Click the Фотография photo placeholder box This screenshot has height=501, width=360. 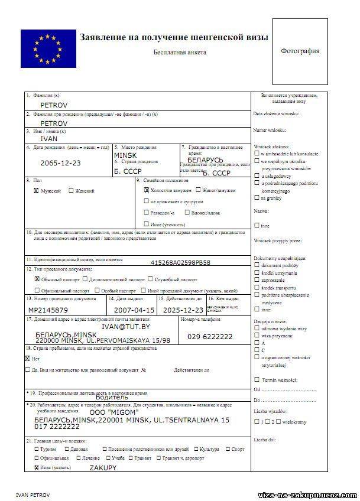[x=300, y=51]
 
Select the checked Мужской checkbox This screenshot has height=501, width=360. [x=37, y=191]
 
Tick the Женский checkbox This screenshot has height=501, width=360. [x=71, y=191]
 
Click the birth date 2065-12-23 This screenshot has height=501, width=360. [x=61, y=162]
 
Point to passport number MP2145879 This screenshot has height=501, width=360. [x=48, y=310]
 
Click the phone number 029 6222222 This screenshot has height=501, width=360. [x=209, y=336]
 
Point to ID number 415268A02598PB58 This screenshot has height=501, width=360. [x=181, y=262]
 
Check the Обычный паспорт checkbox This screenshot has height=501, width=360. [x=37, y=279]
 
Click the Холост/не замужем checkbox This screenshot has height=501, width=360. [x=146, y=191]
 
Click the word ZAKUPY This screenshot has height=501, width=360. [x=103, y=467]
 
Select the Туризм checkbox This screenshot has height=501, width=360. [x=37, y=449]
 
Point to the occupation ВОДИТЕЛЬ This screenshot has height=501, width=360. [x=124, y=398]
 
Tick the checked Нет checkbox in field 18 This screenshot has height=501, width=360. [x=28, y=358]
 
